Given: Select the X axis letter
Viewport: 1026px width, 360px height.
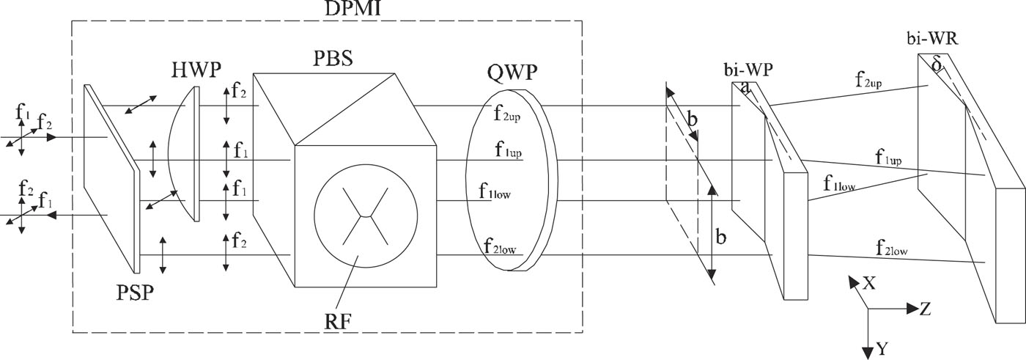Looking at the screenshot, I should click(x=869, y=283).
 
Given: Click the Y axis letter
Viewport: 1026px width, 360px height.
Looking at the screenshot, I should click(x=883, y=349).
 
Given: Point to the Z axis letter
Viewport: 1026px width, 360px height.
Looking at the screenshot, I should click(x=925, y=309).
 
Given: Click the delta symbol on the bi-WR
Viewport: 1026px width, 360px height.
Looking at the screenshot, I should click(x=936, y=65).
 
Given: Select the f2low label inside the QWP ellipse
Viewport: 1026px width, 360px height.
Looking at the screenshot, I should click(x=501, y=246).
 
